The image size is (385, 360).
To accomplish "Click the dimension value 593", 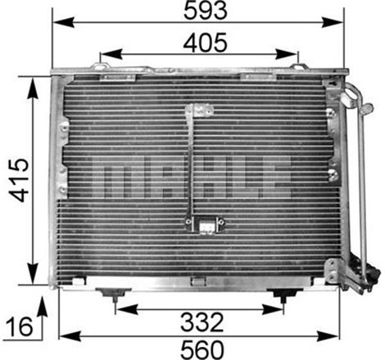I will tap(196, 13).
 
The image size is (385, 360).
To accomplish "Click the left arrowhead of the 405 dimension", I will tap(104, 52).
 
